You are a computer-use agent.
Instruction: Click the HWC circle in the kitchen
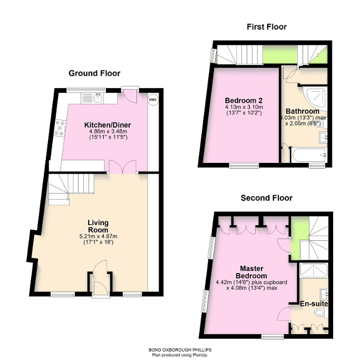(152, 100)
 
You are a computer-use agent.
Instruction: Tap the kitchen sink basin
(98, 98)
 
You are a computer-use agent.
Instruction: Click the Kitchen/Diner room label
(108, 125)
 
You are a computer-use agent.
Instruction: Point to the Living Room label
(98, 226)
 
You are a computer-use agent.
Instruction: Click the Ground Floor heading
(94, 73)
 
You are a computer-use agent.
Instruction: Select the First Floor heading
(266, 27)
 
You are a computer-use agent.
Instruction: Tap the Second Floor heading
(266, 198)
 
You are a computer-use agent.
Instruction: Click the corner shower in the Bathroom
(317, 97)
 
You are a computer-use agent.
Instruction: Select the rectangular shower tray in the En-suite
(314, 271)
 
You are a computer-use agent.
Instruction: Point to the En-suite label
(311, 304)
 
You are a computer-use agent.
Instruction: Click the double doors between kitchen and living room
(122, 167)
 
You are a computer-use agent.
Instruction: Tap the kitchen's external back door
(130, 96)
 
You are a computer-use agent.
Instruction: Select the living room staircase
(70, 189)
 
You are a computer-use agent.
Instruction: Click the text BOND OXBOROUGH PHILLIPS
(179, 349)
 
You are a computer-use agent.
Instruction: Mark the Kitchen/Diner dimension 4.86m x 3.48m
(108, 132)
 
